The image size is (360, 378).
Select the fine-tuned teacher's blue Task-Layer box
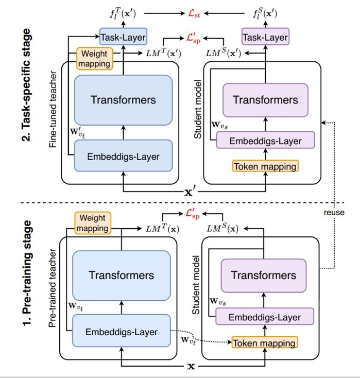[x=123, y=37]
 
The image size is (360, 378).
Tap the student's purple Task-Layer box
[x=265, y=37]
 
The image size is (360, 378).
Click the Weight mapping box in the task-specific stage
[x=94, y=58]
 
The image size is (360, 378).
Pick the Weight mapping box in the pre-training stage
[x=93, y=223]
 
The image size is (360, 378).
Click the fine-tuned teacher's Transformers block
[x=123, y=99]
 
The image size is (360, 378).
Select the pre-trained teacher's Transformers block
[x=121, y=275]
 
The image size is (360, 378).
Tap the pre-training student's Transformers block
[x=263, y=276]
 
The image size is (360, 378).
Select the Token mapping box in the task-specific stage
[x=265, y=166]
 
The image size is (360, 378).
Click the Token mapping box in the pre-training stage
[x=264, y=342]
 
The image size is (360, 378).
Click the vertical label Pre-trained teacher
[x=53, y=294]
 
